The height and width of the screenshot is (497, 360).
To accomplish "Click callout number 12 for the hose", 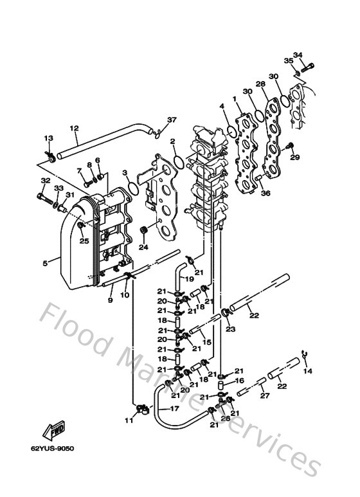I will tap(74, 128).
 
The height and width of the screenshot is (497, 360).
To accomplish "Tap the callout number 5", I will tap(44, 262).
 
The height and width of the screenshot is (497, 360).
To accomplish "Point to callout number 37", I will tap(154, 120).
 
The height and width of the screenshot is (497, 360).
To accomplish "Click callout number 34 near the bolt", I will tap(298, 55).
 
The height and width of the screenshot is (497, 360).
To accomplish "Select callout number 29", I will tap(295, 157).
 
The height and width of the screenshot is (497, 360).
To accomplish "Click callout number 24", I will tap(143, 246).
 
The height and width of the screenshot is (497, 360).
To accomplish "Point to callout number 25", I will tap(84, 241).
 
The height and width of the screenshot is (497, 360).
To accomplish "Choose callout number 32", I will tap(46, 181).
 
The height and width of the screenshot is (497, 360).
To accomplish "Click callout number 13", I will tap(48, 139).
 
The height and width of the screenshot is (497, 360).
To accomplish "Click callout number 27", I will tap(262, 397).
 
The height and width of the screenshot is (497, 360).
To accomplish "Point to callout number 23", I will tap(229, 329).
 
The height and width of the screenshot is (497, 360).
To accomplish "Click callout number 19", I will tap(190, 280).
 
